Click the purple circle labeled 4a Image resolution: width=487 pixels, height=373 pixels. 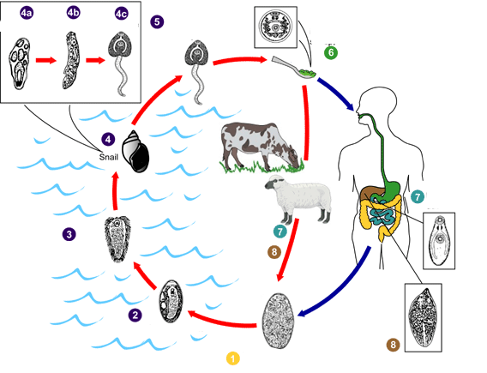pos(27,13)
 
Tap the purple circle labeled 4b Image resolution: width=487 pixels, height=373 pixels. pos(73,12)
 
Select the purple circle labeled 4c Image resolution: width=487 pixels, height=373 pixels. pos(122,14)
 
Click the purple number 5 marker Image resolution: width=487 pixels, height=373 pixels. pos(157,21)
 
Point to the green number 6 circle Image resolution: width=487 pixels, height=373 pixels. pos(331,52)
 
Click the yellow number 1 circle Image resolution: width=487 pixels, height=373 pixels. pos(233,358)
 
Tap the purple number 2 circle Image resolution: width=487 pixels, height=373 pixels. pos(135,316)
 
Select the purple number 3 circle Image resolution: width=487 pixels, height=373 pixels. pos(69,234)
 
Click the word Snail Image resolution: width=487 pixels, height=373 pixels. pos(109,157)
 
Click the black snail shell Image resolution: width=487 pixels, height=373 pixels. pos(135,151)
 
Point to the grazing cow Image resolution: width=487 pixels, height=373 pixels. pos(261,146)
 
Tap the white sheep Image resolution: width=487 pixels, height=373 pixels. pos(298,198)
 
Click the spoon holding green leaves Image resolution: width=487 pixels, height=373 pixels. pos(295,68)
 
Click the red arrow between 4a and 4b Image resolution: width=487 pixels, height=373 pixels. pos(46,60)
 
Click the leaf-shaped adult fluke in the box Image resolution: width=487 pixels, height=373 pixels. pos(423,317)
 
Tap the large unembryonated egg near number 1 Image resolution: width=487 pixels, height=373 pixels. pos(279,321)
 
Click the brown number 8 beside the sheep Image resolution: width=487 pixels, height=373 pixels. pos(274,251)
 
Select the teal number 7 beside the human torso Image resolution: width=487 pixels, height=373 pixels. pos(418,196)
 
